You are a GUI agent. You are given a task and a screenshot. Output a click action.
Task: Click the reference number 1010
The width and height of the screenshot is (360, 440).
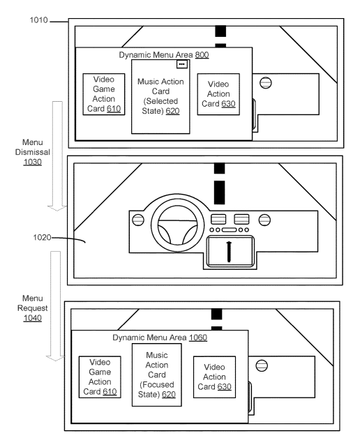pyautogui.click(x=39, y=20)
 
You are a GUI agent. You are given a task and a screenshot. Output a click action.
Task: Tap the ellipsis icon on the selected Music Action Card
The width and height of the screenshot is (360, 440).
pyautogui.click(x=181, y=64)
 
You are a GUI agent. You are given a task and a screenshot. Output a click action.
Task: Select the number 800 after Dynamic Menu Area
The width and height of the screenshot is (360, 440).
pyautogui.click(x=202, y=54)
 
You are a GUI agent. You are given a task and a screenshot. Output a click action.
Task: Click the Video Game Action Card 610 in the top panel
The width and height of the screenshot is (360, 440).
pyautogui.click(x=104, y=94)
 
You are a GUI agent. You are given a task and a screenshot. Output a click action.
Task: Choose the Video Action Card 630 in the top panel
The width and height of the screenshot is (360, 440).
pyautogui.click(x=218, y=94)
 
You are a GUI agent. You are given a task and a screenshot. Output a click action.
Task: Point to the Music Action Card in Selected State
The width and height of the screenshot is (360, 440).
pyautogui.click(x=160, y=96)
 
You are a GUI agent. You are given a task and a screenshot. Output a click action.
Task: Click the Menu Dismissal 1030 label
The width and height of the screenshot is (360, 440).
pyautogui.click(x=33, y=152)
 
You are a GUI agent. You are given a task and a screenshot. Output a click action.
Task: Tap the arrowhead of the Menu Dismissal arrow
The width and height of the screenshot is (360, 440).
pyautogui.click(x=57, y=208)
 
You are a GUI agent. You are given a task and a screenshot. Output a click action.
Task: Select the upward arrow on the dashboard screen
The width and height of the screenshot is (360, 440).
pyautogui.click(x=229, y=252)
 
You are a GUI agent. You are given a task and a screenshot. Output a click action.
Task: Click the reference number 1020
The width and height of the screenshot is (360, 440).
pyautogui.click(x=42, y=237)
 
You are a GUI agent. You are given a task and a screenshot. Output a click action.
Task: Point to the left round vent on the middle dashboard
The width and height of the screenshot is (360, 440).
pyautogui.click(x=138, y=220)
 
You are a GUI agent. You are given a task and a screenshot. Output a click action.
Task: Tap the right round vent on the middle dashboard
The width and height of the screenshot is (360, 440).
pyautogui.click(x=264, y=220)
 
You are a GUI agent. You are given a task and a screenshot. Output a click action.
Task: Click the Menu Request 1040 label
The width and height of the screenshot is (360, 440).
pyautogui.click(x=33, y=308)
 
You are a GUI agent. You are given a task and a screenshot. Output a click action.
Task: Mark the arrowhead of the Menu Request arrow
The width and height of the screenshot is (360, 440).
pyautogui.click(x=55, y=358)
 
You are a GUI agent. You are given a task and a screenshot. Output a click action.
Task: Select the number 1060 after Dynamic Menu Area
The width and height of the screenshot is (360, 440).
pyautogui.click(x=198, y=337)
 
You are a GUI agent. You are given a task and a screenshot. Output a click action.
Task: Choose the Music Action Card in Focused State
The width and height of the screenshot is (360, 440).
pyautogui.click(x=157, y=375)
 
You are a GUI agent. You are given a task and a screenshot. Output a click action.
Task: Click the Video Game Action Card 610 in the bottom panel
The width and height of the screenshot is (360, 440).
pyautogui.click(x=100, y=377)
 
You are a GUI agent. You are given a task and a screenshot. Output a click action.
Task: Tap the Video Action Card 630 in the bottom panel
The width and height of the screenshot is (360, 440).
pyautogui.click(x=215, y=377)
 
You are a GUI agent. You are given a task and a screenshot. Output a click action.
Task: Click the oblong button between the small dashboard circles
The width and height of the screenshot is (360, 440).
pyautogui.click(x=229, y=230)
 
